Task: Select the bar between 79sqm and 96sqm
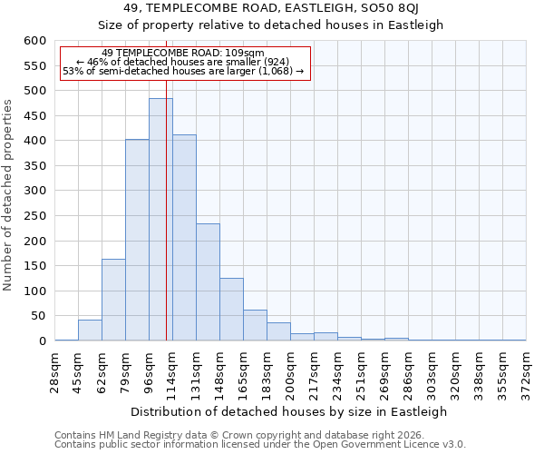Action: tap(137, 241)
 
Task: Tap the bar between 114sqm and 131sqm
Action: tap(184, 238)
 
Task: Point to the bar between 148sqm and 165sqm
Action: tap(231, 310)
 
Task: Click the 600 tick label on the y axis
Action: tap(34, 41)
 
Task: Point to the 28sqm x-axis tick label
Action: tap(54, 371)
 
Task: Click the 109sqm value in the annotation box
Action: tap(245, 53)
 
